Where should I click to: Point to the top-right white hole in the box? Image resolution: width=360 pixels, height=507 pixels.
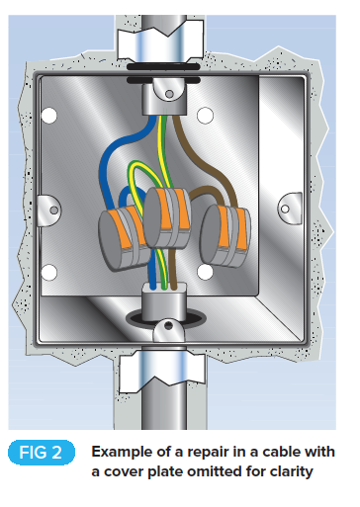[205, 117]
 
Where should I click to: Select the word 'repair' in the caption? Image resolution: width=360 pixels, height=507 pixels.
[202, 451]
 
